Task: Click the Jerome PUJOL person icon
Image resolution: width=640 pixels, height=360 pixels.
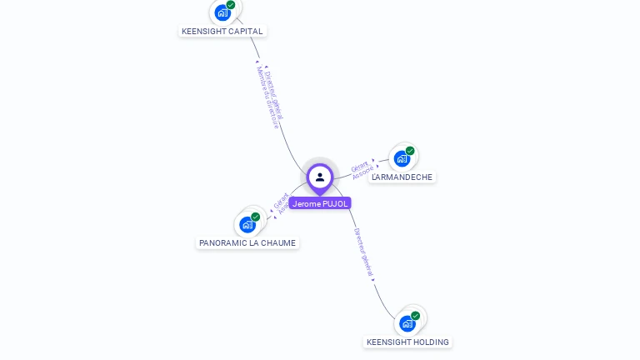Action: [320, 177]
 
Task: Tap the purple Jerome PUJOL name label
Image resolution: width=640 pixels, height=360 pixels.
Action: [320, 203]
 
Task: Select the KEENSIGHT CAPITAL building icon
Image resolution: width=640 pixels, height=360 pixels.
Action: [222, 12]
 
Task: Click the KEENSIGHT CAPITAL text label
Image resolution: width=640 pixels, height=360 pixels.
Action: [222, 32]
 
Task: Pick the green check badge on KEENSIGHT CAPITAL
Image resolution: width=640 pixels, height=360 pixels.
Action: [231, 5]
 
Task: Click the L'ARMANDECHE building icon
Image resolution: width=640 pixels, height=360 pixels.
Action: [402, 158]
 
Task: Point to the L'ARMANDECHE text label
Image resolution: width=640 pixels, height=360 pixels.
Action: [402, 177]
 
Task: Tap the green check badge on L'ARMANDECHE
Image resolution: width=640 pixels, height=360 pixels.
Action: [410, 151]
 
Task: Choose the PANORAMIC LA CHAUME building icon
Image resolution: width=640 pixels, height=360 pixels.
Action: [247, 224]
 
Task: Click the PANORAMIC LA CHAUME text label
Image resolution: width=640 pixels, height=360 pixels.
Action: [247, 243]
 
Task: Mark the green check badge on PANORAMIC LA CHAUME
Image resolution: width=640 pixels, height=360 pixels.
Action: [256, 217]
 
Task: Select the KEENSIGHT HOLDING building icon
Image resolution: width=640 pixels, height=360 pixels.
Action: [407, 322]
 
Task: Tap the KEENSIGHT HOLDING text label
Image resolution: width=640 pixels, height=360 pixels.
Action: [407, 342]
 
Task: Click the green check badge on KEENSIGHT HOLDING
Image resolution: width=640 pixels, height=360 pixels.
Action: [416, 316]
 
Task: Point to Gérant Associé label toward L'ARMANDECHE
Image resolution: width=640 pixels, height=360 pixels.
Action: [361, 169]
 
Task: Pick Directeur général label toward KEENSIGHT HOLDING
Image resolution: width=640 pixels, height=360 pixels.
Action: [365, 252]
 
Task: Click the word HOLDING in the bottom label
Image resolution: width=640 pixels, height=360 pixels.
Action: [431, 342]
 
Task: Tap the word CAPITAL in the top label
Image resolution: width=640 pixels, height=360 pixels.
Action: [246, 32]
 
